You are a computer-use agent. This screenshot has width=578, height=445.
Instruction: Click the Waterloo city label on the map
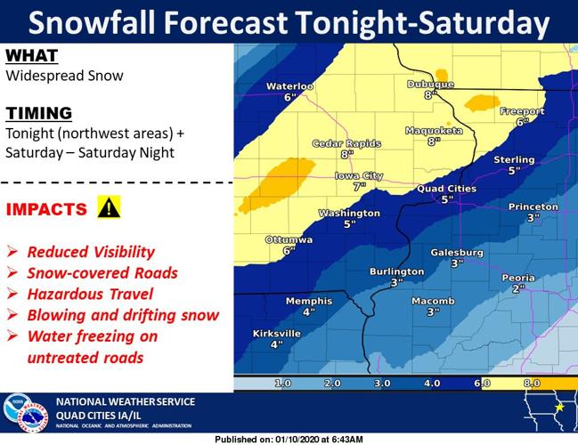point(290,85)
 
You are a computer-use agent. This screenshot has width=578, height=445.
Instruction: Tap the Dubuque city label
point(430,84)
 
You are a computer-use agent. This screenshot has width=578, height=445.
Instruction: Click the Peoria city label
point(518,278)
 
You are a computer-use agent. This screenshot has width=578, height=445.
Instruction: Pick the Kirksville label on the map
point(276,333)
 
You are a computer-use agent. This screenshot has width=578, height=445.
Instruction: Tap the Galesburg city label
point(456,253)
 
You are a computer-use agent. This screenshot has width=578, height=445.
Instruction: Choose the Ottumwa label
point(289,240)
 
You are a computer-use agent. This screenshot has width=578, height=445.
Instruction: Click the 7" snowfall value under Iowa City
point(359,187)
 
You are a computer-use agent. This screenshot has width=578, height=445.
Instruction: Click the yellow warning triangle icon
point(109,208)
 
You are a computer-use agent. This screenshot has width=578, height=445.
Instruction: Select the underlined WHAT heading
point(31,56)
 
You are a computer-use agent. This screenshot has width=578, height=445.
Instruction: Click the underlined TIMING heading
point(37,113)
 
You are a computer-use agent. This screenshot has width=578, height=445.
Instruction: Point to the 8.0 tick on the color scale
point(533,383)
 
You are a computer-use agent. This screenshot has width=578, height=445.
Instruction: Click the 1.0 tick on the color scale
point(283,383)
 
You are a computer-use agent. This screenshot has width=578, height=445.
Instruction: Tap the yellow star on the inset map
point(559,407)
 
